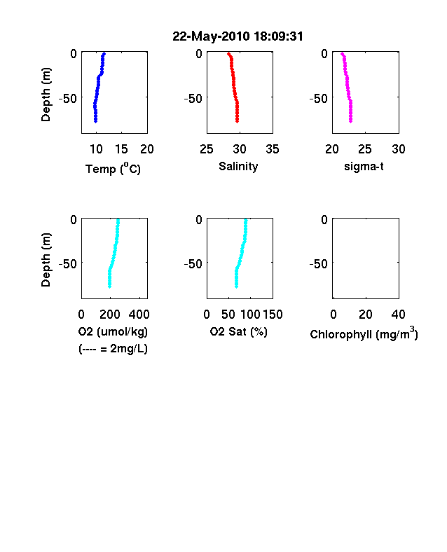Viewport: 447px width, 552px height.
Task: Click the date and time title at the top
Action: pyautogui.click(x=238, y=36)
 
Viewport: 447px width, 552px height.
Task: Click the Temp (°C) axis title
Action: pyautogui.click(x=113, y=169)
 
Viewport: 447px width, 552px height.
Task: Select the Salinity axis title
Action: pyautogui.click(x=238, y=166)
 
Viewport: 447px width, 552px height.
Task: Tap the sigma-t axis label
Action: pyautogui.click(x=364, y=166)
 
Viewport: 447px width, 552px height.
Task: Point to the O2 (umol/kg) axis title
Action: pyautogui.click(x=113, y=331)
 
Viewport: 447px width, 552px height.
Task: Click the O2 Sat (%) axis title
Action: pyautogui.click(x=239, y=331)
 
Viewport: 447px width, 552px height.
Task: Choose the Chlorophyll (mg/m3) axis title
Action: pyautogui.click(x=364, y=333)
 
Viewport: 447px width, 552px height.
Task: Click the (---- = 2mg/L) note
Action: pyautogui.click(x=113, y=349)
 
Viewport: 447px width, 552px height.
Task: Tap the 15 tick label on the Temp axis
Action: pyautogui.click(x=121, y=149)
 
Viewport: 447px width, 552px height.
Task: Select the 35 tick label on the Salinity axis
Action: pyautogui.click(x=273, y=149)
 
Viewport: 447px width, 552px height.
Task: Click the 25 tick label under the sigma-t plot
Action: pyautogui.click(x=364, y=149)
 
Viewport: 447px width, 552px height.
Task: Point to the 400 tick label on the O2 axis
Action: pyautogui.click(x=139, y=315)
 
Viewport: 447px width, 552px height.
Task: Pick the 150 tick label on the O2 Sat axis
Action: pyautogui.click(x=273, y=315)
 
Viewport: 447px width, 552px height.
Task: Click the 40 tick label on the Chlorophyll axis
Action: pyautogui.click(x=398, y=315)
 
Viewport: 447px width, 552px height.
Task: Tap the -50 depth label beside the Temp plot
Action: pyautogui.click(x=67, y=99)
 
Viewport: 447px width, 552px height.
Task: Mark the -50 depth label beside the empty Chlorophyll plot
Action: pyautogui.click(x=318, y=263)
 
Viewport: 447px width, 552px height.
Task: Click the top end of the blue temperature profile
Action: pyautogui.click(x=104, y=53)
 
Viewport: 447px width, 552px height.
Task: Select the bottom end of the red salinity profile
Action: pyautogui.click(x=238, y=122)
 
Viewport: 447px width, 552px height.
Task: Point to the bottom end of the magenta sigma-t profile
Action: pyautogui.click(x=350, y=122)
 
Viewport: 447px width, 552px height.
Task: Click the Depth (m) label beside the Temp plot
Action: pyautogui.click(x=46, y=95)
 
